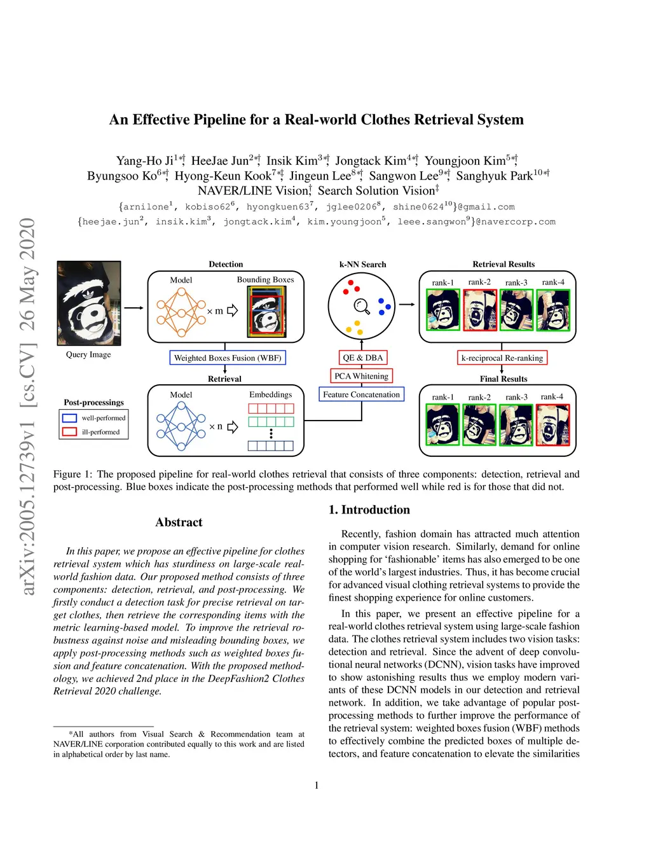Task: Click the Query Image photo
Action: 88,303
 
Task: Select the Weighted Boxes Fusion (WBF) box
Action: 228,358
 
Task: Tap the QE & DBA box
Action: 362,358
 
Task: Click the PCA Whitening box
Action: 361,376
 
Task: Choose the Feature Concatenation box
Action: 361,394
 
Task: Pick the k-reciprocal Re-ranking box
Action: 502,358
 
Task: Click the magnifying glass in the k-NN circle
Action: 362,306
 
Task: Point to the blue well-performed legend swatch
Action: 69,418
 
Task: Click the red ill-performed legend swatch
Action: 69,432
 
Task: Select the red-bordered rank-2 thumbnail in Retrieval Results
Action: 479,310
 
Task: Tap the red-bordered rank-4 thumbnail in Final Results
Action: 552,425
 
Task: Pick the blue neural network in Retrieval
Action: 181,427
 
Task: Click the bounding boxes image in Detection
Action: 266,311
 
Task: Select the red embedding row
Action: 271,408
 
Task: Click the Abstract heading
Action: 179,522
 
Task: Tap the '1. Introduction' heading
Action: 369,510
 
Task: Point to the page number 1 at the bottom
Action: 317,785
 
